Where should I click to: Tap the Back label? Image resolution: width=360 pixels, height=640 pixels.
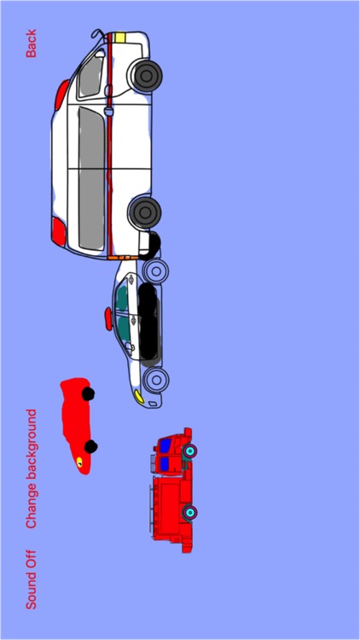32,44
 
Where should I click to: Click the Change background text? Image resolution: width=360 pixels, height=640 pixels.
32,468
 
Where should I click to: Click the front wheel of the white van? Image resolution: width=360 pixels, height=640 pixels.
146,75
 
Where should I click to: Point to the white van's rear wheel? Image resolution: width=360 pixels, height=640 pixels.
146,210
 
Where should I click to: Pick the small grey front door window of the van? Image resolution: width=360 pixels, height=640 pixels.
90,76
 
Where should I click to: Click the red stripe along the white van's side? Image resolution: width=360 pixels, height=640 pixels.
109,145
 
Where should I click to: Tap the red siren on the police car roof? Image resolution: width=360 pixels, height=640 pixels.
106,319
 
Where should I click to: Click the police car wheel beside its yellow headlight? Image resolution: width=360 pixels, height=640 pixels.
155,378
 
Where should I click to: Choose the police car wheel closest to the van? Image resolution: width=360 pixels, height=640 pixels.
156,272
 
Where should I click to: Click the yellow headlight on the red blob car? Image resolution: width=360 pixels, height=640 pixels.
80,462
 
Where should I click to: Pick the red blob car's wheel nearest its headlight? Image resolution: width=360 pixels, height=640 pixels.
91,446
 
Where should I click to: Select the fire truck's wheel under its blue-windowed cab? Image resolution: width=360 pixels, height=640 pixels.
190,450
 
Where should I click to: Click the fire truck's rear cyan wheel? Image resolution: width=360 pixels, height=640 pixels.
192,512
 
